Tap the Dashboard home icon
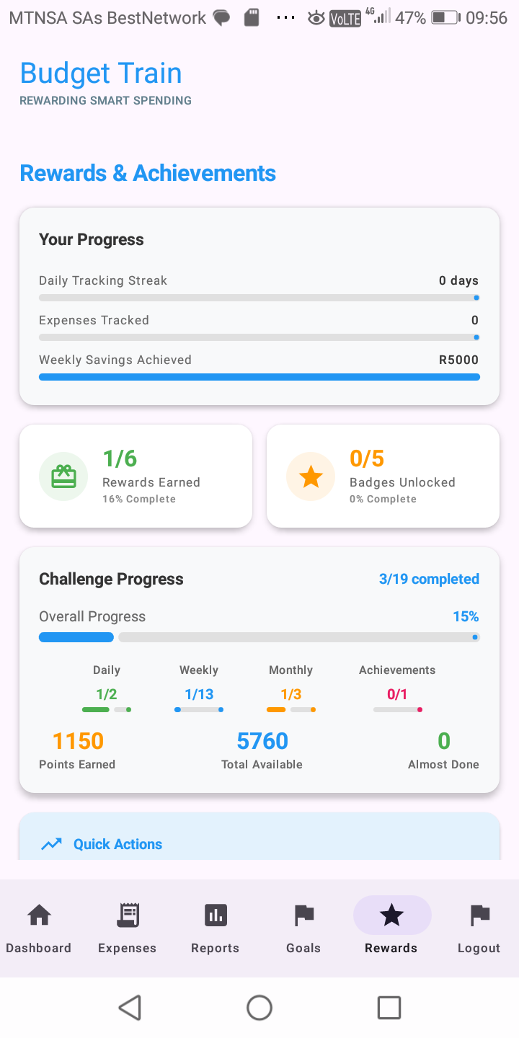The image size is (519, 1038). [x=39, y=915]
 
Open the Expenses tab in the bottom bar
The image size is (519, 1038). [x=128, y=915]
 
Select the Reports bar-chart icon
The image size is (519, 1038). [x=216, y=915]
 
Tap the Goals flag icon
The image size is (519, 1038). [x=303, y=915]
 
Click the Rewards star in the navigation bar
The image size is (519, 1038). [x=391, y=915]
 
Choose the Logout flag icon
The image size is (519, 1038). [x=479, y=915]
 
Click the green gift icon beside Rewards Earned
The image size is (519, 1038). [x=63, y=476]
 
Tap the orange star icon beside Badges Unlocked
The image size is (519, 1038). [x=311, y=476]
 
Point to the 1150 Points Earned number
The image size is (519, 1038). [x=78, y=741]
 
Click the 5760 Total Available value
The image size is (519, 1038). [x=262, y=741]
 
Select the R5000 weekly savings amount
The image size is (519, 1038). [x=458, y=360]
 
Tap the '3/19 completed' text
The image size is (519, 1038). [x=429, y=579]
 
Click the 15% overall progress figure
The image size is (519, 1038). [x=466, y=616]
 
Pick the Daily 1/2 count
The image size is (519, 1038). [x=107, y=694]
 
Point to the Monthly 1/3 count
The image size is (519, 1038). [x=290, y=694]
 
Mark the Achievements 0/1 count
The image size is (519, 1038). [x=397, y=694]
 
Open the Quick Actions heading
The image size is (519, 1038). [x=117, y=844]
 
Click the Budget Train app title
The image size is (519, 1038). [x=101, y=74]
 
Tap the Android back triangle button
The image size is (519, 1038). [x=130, y=1007]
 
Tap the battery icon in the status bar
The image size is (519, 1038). [x=445, y=18]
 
